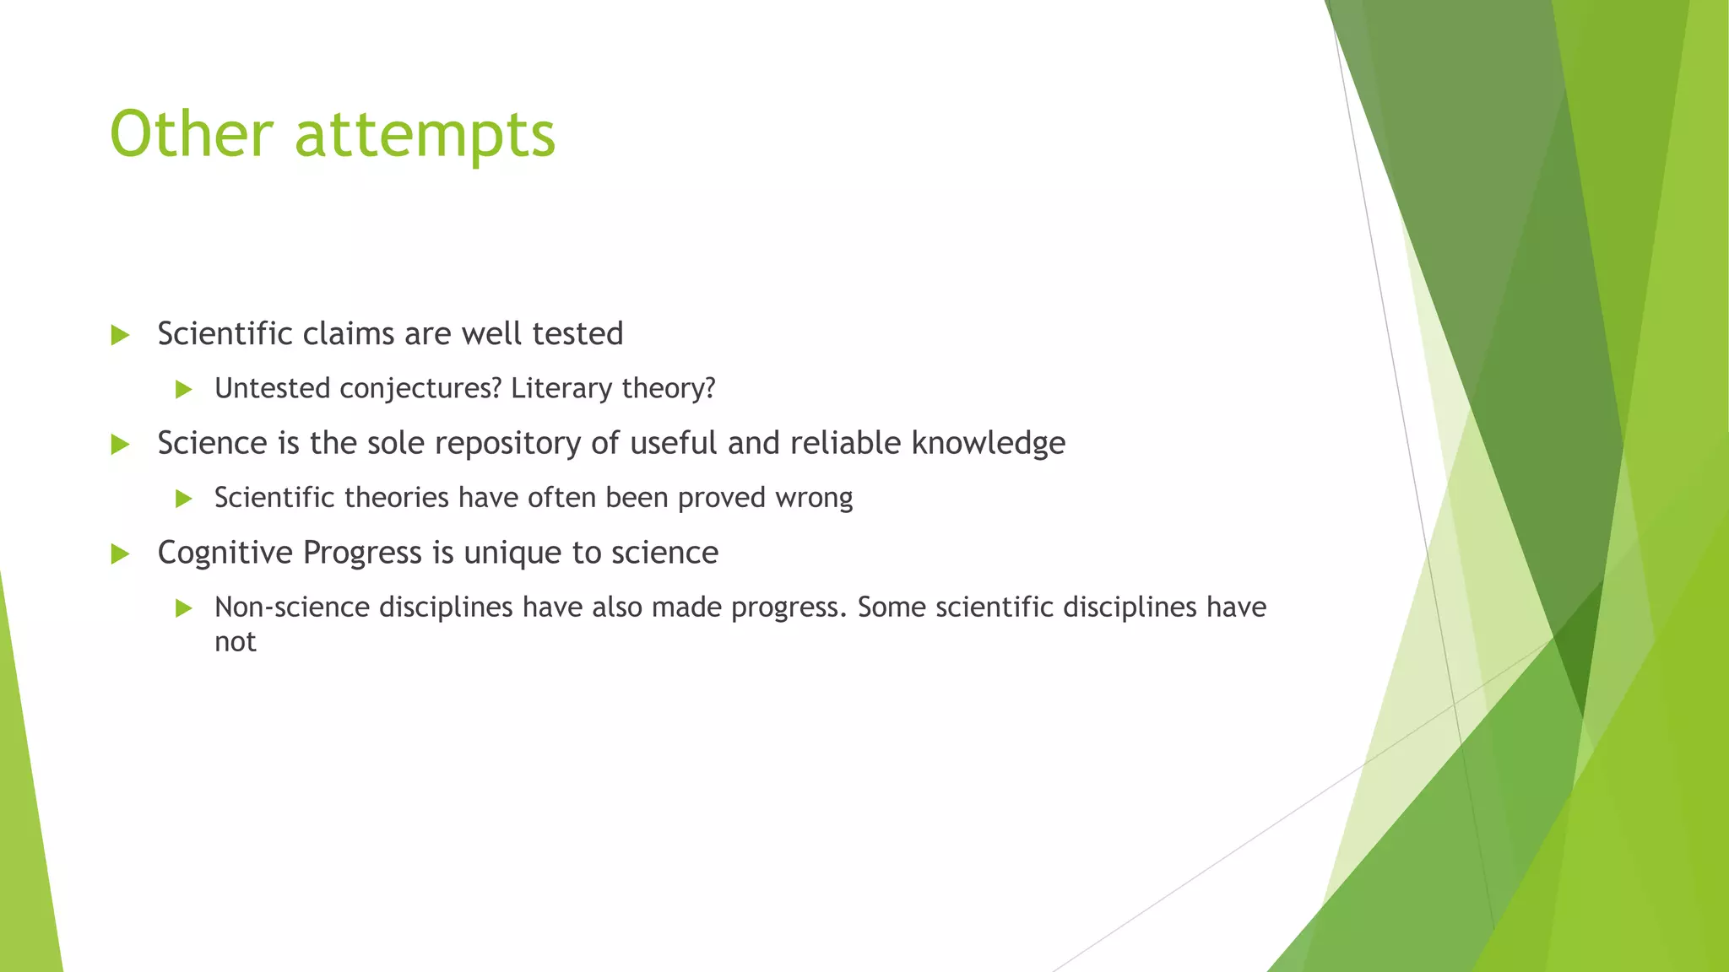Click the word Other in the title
point(192,134)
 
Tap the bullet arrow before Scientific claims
point(120,335)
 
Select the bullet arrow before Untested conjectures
point(184,389)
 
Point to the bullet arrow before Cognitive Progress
point(120,553)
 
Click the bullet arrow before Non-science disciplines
point(184,607)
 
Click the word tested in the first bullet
point(577,334)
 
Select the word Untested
point(272,388)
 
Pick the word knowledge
point(988,444)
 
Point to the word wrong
point(814,498)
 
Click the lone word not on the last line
point(235,642)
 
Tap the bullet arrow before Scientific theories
point(184,499)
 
